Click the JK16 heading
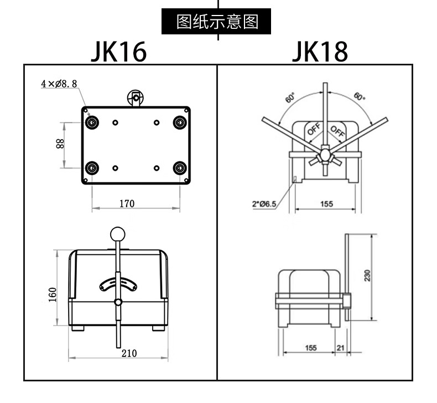pos(119,52)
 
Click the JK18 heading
pos(320,52)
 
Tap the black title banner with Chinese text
pos(216,22)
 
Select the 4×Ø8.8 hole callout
pos(59,84)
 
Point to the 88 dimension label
pos(60,144)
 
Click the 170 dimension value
pos(127,203)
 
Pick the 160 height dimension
pos(53,294)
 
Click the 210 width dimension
pos(129,353)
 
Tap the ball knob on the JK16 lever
pos(118,234)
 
